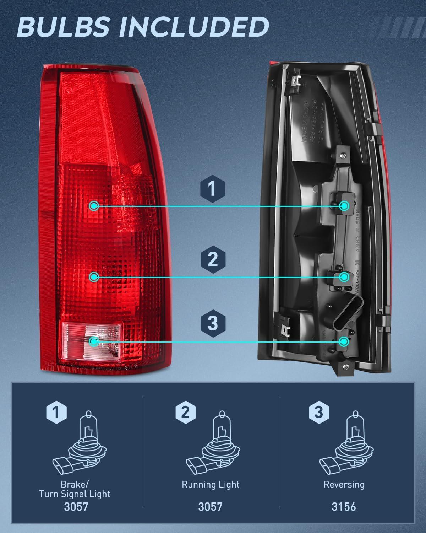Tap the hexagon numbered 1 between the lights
point(212,188)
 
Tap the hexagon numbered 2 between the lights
point(212,259)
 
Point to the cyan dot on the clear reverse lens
point(94,342)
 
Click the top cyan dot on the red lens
point(94,206)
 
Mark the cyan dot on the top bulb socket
point(344,206)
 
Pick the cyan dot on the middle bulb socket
point(344,277)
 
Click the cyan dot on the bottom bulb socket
point(344,342)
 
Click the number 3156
point(344,506)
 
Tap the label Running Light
point(211,485)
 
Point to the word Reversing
point(344,485)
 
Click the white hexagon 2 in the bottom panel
point(185,412)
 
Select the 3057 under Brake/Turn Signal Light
point(76,506)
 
